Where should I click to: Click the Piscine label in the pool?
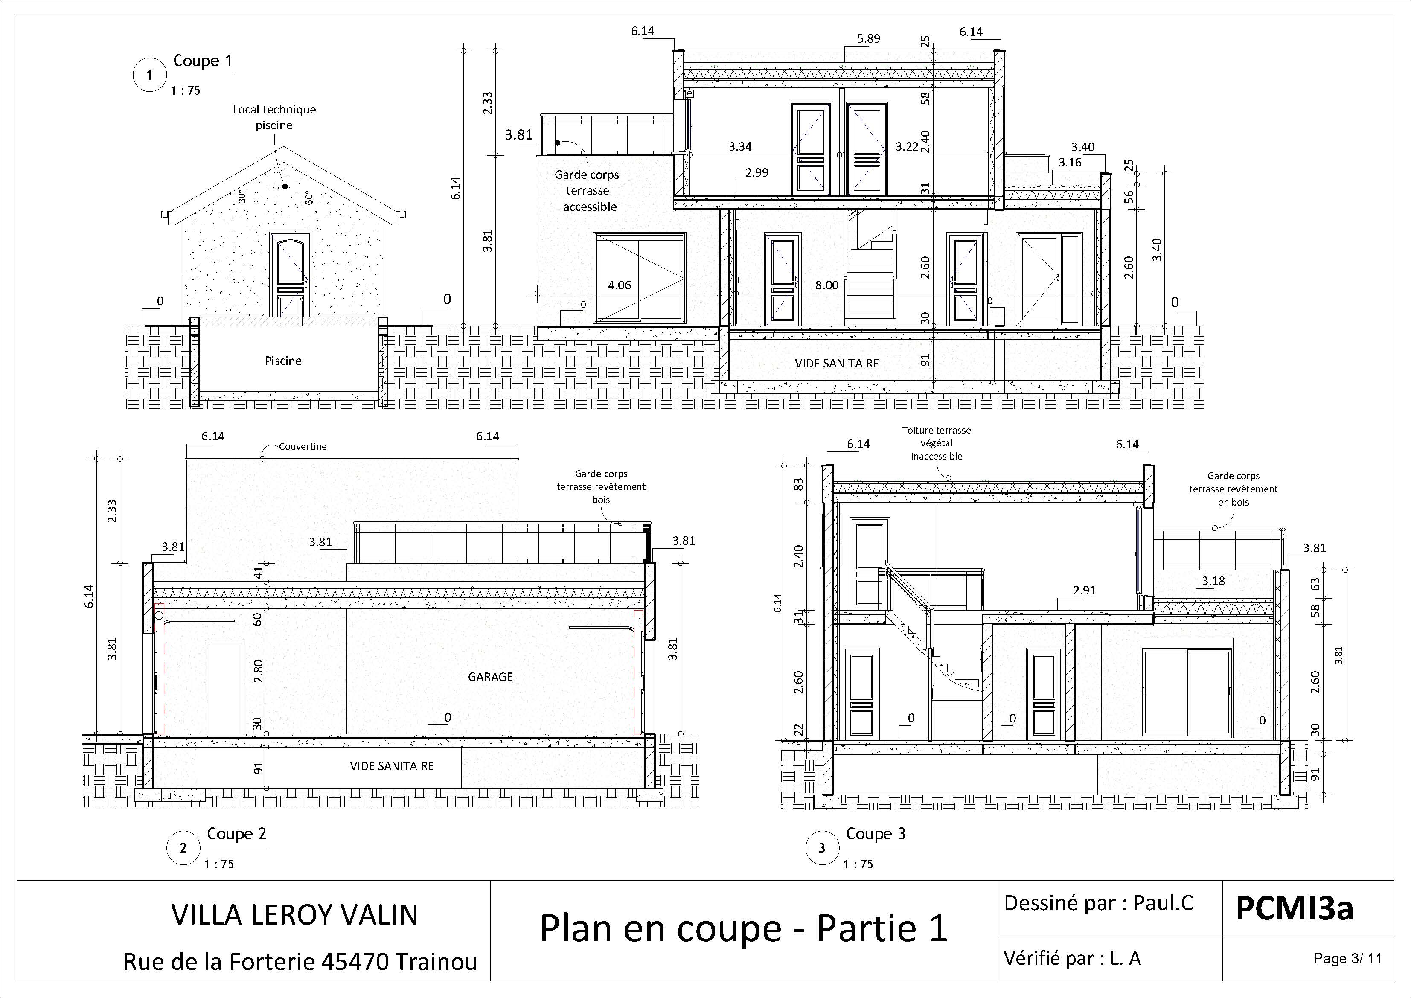point(283,361)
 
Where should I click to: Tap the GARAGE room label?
point(490,677)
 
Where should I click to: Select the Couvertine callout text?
point(303,447)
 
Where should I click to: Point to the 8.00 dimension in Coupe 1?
point(826,285)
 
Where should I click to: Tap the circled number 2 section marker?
point(183,848)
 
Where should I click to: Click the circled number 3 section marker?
point(822,848)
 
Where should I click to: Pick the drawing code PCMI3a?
point(1294,908)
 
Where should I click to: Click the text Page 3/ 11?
point(1347,959)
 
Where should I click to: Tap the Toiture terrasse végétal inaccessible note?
point(936,443)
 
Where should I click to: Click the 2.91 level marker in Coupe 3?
point(1084,590)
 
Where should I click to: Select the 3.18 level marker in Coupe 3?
point(1213,581)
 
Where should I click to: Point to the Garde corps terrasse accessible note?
point(588,190)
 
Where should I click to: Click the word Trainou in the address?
point(435,962)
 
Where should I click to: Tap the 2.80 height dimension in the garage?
point(258,671)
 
